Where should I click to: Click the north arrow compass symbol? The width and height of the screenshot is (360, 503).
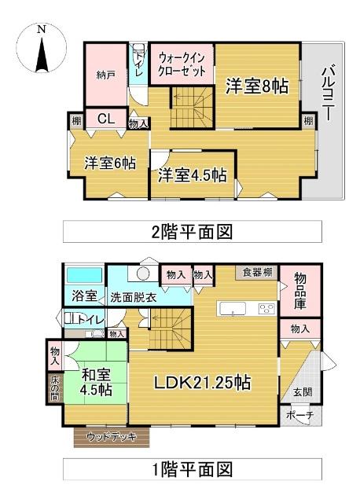click(41, 47)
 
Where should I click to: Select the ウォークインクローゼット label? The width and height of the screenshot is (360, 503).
click(182, 64)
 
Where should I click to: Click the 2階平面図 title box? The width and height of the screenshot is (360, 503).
click(193, 232)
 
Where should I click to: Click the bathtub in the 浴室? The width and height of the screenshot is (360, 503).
click(83, 277)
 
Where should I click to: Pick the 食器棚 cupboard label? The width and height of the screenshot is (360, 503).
click(257, 273)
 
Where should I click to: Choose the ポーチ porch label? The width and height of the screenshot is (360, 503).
click(300, 416)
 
